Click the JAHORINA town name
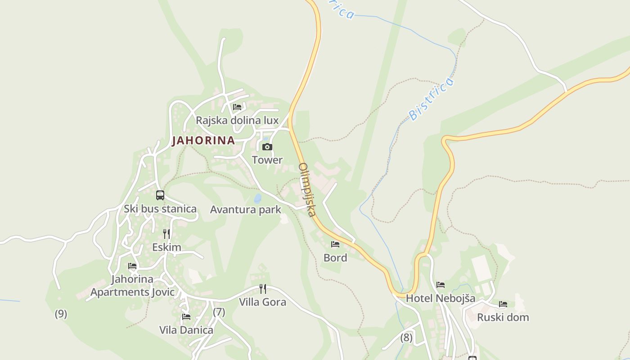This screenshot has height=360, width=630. (x=203, y=140)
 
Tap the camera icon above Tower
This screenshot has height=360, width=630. (x=267, y=147)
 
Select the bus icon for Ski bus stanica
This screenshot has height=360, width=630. (x=160, y=195)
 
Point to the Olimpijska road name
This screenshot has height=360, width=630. (x=308, y=189)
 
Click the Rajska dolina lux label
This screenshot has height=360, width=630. (x=237, y=121)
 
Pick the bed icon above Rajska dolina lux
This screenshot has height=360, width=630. (x=237, y=107)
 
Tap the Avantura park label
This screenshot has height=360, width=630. (x=246, y=210)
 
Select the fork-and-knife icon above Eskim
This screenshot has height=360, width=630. (x=166, y=234)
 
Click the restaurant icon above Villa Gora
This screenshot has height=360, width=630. (x=263, y=288)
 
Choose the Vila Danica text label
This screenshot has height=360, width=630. (x=186, y=330)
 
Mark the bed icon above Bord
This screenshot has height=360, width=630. (x=335, y=244)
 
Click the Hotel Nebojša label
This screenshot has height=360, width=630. (x=441, y=298)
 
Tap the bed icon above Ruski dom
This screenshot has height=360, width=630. (x=503, y=304)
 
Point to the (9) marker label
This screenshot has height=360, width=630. (x=61, y=314)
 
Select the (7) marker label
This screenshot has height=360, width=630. (x=219, y=312)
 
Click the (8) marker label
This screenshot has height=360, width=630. (x=406, y=337)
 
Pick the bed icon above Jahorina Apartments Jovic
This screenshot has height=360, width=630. (x=132, y=266)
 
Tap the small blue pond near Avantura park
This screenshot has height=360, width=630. (x=257, y=198)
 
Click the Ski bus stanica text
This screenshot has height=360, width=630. (x=160, y=209)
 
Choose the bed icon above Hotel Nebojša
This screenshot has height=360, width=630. (x=441, y=285)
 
